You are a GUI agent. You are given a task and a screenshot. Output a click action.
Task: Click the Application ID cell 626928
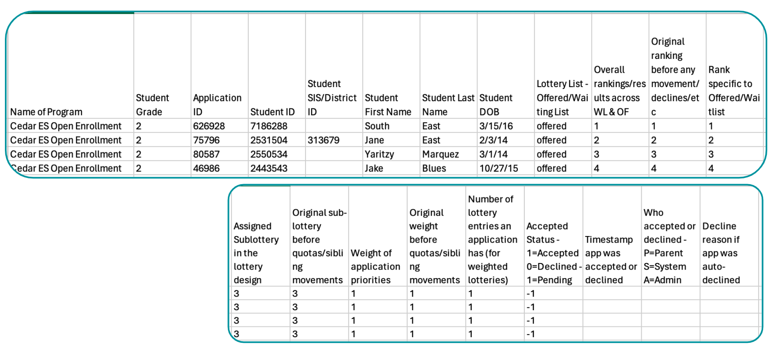[209, 126]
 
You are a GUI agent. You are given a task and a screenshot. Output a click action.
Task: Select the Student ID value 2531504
[269, 140]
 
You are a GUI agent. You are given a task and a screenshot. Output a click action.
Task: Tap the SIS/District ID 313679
[324, 140]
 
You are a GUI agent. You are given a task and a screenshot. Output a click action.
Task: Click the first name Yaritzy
[380, 154]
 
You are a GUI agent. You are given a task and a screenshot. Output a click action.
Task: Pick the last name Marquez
[440, 154]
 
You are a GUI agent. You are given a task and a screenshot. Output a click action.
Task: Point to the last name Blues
[434, 168]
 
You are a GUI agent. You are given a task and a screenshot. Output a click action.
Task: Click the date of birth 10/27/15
[499, 168]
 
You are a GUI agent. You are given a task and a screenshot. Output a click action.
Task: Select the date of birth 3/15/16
[496, 126]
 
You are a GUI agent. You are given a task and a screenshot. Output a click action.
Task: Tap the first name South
[377, 126]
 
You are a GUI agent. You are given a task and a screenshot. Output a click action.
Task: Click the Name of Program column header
[46, 112]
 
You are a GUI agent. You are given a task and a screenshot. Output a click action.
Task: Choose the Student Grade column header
[153, 105]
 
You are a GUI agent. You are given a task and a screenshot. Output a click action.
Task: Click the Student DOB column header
[496, 105]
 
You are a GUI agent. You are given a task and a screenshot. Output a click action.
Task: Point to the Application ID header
[217, 105]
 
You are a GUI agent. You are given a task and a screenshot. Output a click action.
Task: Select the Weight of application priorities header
[375, 266]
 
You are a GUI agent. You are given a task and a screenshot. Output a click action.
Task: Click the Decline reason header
[721, 253]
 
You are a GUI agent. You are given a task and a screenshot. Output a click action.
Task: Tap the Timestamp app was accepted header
[611, 259]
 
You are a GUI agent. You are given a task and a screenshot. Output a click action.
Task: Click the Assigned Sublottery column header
[256, 253]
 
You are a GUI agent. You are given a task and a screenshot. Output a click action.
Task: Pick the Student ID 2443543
[269, 168]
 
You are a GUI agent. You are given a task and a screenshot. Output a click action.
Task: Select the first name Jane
[374, 140]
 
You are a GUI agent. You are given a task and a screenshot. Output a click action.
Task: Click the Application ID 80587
[206, 154]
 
